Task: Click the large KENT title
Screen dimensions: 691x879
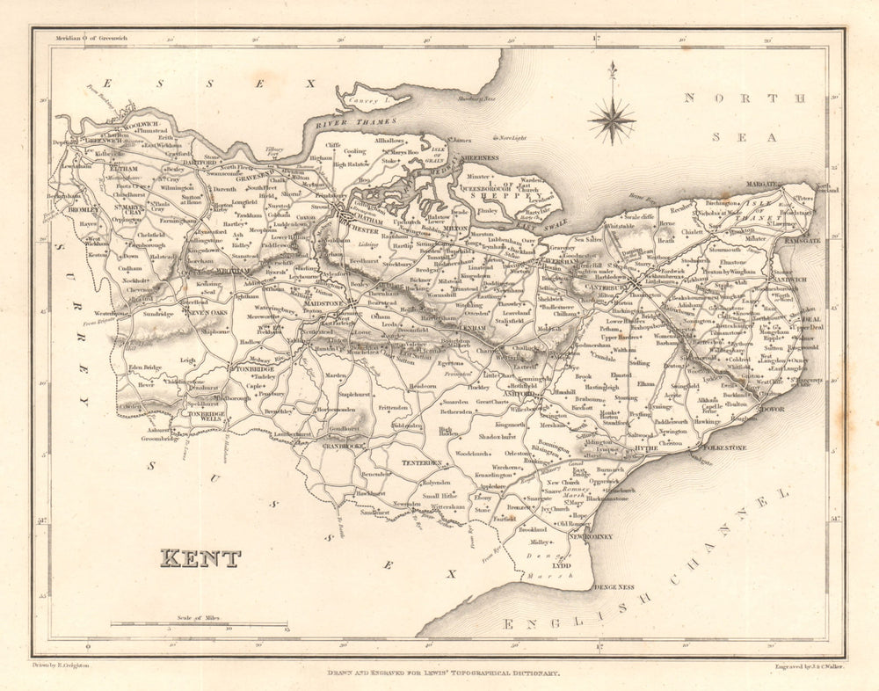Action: click(x=200, y=558)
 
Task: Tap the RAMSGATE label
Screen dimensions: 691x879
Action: click(x=801, y=240)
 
